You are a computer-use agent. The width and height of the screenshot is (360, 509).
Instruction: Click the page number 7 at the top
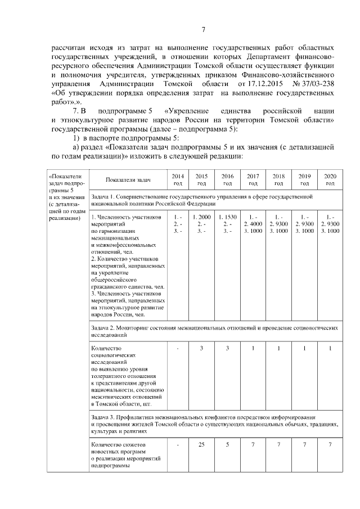tap(204, 30)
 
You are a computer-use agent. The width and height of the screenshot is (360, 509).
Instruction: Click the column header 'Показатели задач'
tap(129, 179)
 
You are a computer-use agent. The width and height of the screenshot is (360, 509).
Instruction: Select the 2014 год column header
tap(177, 179)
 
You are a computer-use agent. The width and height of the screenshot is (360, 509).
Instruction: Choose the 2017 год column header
tap(253, 179)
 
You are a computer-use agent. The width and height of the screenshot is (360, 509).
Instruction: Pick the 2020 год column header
tap(330, 179)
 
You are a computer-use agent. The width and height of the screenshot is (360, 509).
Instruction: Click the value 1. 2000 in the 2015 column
tap(201, 217)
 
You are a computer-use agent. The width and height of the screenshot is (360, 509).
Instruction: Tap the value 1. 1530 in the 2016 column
tap(227, 217)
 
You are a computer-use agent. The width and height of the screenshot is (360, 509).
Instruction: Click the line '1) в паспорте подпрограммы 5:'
tap(123, 138)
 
